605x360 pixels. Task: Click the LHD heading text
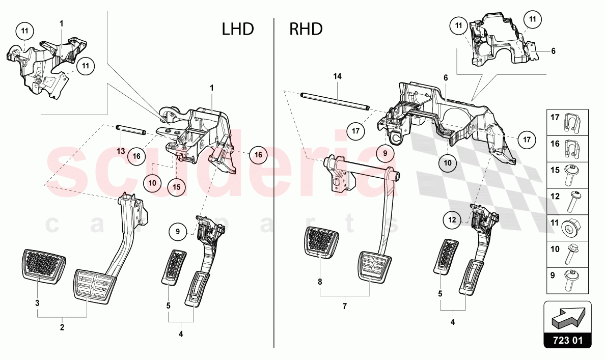[x=237, y=29]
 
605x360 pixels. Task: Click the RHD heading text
[x=306, y=29]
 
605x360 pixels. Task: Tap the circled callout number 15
[x=176, y=187]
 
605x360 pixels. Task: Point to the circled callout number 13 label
[x=120, y=151]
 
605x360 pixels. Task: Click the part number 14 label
[x=337, y=76]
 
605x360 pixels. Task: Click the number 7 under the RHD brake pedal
[x=345, y=306]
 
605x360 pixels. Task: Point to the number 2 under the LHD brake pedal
[x=62, y=327]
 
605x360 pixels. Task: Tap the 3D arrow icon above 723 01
[x=568, y=316]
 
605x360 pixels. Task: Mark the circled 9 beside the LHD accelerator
[x=178, y=232]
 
